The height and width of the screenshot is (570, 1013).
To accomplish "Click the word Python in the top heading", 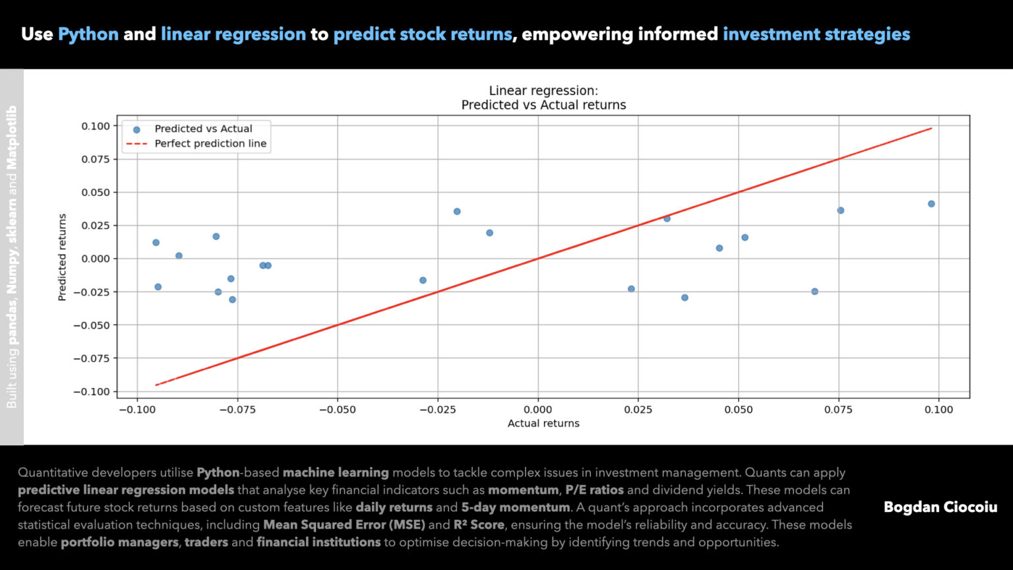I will click(x=88, y=34).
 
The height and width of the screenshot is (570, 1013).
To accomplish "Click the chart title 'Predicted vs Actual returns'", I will click(x=543, y=105).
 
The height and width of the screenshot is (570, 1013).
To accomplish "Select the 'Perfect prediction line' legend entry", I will click(x=210, y=144).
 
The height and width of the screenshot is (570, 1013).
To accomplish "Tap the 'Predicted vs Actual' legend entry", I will click(x=203, y=129).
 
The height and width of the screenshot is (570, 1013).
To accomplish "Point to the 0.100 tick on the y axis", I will click(x=96, y=126).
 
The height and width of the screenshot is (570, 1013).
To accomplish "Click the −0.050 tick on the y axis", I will click(x=92, y=325).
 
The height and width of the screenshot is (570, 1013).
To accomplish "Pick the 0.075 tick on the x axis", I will click(x=838, y=410).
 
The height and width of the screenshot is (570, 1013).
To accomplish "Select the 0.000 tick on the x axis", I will click(x=537, y=410).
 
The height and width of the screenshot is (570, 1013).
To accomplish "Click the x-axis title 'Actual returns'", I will click(x=543, y=424).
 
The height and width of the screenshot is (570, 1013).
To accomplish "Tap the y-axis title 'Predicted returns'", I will click(x=63, y=257).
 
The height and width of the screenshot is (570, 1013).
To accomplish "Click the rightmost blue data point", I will click(x=931, y=204).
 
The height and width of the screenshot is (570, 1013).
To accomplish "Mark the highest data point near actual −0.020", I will click(x=456, y=212).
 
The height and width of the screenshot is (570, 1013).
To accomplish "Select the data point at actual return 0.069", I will click(x=814, y=292).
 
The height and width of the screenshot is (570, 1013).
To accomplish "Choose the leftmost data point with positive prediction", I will click(x=156, y=243).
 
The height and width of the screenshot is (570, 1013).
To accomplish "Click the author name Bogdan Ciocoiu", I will click(x=940, y=507).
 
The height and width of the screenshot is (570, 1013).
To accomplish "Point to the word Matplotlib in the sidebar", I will click(x=12, y=137).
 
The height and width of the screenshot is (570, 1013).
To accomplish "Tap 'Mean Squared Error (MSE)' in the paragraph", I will click(x=344, y=525).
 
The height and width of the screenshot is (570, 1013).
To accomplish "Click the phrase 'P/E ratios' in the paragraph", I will click(x=594, y=490).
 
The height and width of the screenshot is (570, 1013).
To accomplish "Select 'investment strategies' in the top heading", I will click(x=816, y=34).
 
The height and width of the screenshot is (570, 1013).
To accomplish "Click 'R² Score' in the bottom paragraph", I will click(x=479, y=525).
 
